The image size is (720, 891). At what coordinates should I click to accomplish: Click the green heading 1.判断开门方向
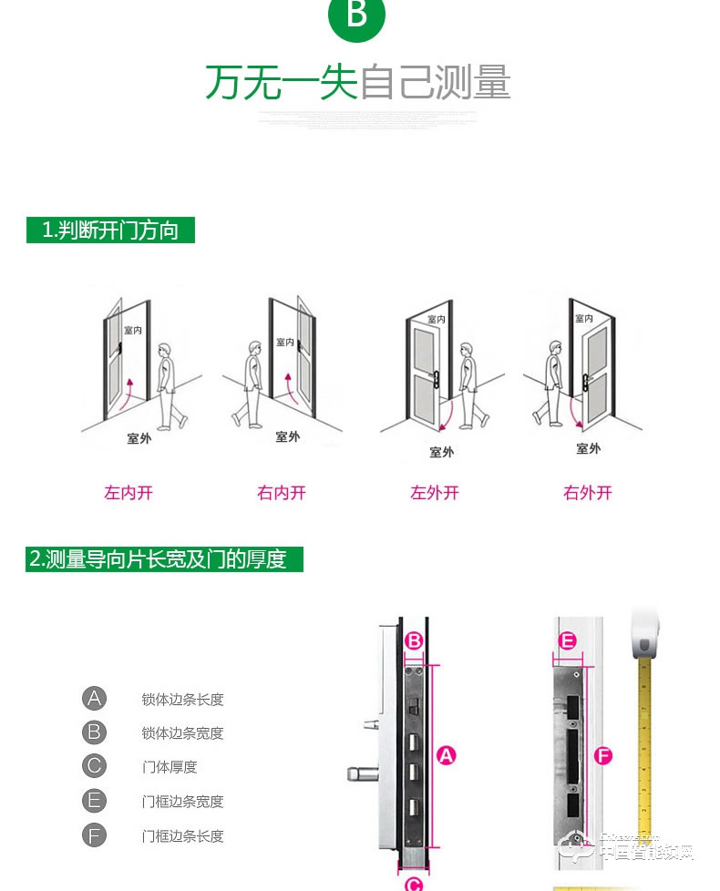coord(110,230)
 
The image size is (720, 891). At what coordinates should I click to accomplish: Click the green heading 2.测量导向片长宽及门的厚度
coord(164,558)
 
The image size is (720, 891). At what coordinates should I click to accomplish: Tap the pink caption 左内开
coord(129,493)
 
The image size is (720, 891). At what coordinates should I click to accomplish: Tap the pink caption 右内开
coord(282,493)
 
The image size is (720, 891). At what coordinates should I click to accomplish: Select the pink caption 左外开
coord(435,493)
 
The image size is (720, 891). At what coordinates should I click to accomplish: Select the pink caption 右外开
coord(588,493)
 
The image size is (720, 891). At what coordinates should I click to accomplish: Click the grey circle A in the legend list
coord(94,699)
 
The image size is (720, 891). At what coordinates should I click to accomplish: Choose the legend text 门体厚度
coord(170,767)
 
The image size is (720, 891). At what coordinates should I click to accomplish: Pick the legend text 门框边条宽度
coord(182,802)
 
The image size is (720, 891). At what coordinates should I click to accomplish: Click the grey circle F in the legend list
coord(94,835)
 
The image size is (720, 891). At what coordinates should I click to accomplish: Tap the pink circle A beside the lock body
coord(446,754)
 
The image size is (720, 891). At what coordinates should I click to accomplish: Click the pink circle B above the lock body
coord(414,641)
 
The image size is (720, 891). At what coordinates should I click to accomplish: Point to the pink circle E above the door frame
coord(567,641)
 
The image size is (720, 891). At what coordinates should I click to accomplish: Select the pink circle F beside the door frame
coord(602,755)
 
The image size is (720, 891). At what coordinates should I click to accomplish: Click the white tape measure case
coord(645,638)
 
